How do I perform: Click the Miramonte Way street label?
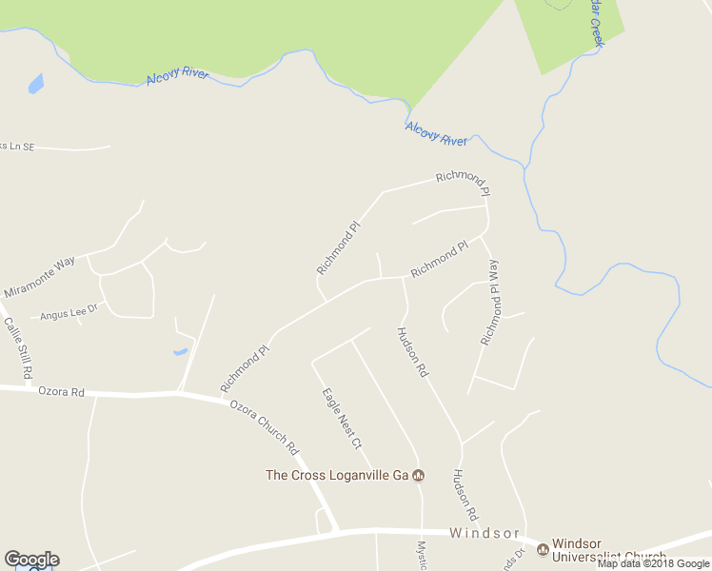(39, 278)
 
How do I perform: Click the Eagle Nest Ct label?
(342, 417)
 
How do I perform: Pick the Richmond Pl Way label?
(489, 302)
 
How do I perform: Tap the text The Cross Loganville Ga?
(337, 475)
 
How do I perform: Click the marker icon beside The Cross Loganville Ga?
(417, 476)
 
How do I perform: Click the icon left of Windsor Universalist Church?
(543, 549)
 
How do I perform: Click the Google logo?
(31, 560)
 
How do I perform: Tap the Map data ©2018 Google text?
(653, 563)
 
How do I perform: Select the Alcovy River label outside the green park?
(437, 134)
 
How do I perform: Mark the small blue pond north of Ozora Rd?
(180, 352)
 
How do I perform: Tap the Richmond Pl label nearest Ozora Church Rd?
(246, 369)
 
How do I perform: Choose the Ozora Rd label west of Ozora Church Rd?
(61, 391)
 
